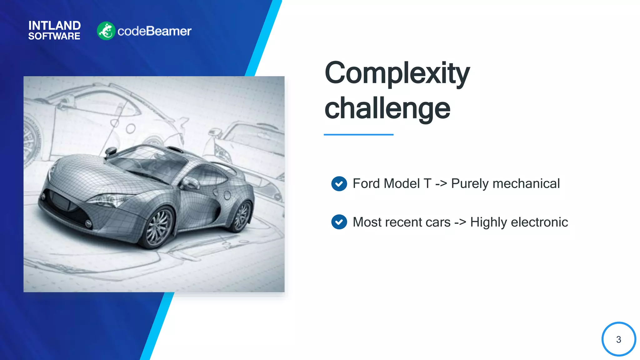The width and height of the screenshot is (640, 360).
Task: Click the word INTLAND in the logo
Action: [x=54, y=26]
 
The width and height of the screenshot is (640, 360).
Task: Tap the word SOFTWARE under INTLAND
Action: [x=54, y=36]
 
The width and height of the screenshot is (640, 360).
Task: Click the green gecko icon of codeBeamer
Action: [x=106, y=31]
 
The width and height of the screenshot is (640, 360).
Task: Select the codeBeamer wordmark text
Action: [x=154, y=31]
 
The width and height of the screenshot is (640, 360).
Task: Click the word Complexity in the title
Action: [x=397, y=73]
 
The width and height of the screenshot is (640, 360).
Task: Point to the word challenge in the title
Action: [x=387, y=108]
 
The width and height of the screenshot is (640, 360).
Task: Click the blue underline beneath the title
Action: [x=358, y=135]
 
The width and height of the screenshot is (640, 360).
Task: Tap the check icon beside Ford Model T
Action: [x=339, y=184]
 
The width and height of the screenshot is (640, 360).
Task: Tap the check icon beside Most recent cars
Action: [x=339, y=222]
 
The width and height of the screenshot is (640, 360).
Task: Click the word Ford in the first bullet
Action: [x=366, y=183]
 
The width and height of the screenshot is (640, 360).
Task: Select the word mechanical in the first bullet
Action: [x=526, y=183]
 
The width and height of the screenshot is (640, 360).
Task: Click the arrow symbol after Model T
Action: [x=441, y=184]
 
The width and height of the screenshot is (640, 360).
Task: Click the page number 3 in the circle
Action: [x=618, y=339]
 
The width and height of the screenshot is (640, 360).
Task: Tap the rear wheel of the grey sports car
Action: [x=242, y=216]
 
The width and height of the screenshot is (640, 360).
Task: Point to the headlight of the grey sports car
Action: [x=108, y=200]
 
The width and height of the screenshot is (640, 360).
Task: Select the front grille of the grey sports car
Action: [x=61, y=202]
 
